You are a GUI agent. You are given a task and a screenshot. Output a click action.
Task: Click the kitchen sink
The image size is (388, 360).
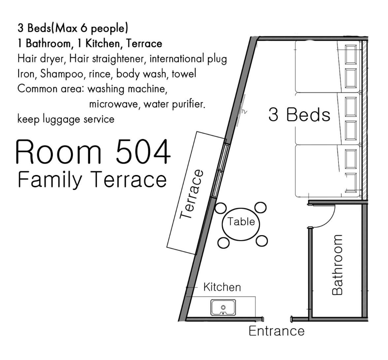[223, 307]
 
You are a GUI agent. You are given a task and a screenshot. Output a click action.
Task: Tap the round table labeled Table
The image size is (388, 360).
[241, 224]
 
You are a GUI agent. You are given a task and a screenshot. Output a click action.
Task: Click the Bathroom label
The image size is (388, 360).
[337, 265]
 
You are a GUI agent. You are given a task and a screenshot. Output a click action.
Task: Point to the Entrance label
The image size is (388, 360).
[276, 331]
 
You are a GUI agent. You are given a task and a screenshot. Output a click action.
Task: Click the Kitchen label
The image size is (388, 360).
[222, 287]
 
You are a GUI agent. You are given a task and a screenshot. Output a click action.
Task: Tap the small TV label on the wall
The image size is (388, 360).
[244, 112]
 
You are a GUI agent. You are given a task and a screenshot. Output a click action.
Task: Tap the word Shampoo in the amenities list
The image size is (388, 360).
[62, 74]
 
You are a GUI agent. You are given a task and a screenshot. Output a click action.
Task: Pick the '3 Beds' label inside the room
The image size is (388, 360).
[299, 115]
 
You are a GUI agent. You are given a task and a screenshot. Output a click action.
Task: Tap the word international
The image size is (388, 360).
[177, 59]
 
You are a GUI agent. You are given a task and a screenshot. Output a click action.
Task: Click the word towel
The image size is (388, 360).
[184, 74]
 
